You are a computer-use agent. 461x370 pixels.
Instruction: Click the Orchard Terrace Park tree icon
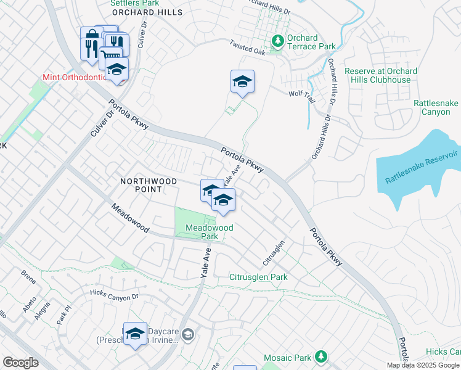278,41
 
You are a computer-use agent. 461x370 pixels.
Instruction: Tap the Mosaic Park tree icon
320,357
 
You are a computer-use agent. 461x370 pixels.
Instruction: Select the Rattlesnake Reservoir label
422,166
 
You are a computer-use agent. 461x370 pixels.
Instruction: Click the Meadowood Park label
210,232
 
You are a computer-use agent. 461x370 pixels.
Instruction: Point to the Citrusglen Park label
258,277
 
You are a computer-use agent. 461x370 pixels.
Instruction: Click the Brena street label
28,273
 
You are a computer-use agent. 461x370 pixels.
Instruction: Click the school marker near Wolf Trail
242,82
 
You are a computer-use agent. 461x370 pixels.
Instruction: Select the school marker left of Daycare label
135,334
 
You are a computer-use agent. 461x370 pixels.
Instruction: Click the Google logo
20,363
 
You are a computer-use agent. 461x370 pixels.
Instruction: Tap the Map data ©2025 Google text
423,365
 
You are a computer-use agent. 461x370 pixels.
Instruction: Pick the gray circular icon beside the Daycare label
188,335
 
